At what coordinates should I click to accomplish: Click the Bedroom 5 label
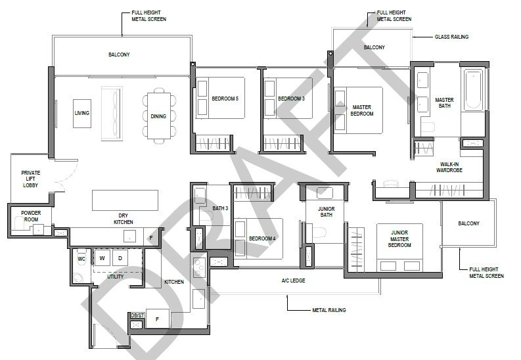pos(225,99)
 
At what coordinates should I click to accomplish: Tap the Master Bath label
pos(444,102)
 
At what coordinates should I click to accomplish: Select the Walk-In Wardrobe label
pos(449,167)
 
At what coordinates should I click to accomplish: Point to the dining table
pos(158,116)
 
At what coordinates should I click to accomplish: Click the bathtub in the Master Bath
pos(472,89)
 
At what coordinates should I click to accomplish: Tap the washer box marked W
pos(102,258)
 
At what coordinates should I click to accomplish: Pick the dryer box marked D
pos(120,258)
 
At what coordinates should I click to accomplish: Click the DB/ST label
pos(137,315)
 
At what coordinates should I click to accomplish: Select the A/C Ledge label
pos(293,281)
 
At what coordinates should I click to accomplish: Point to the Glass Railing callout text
pos(451,37)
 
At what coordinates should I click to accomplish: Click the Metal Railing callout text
pos(329,310)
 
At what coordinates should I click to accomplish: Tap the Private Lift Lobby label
pos(31,179)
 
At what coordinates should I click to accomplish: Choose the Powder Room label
pos(31,216)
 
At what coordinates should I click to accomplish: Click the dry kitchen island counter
pos(125,200)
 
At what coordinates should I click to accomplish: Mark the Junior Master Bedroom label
pos(399,238)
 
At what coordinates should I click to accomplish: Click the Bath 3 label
pos(220,208)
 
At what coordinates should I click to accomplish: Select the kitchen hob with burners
pos(198,267)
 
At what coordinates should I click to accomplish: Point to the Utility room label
pos(115,277)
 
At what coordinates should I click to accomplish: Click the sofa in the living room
pos(112,113)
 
